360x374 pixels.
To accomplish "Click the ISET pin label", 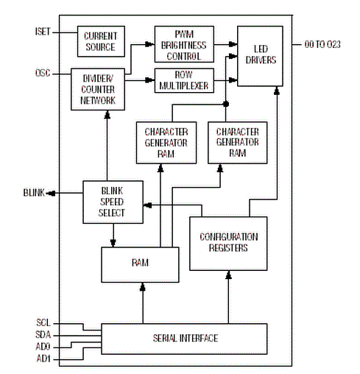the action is coord(43,32).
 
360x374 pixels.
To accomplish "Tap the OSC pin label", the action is coord(43,73).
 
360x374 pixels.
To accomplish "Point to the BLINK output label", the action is coord(34,193).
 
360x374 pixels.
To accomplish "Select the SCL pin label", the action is coord(43,322).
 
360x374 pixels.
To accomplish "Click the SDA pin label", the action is coord(43,334).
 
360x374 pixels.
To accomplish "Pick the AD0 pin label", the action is coord(43,347).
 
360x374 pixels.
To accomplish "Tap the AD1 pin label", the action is coord(43,359).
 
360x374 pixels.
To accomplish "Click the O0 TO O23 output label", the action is coord(322,44).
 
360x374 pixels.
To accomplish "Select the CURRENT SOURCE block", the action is coord(101,41).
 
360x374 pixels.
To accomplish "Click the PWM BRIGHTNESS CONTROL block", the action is coord(184,44).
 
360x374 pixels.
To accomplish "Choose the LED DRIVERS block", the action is coord(260,56).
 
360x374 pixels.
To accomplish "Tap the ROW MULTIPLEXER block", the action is coord(184,80).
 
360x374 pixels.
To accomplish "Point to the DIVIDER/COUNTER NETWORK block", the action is coord(98,89).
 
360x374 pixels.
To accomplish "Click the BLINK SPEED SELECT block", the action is coord(113,202).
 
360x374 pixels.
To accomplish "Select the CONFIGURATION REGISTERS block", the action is coord(228,244).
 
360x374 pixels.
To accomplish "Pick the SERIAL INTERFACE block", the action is coord(184,339).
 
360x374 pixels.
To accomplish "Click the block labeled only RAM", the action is coord(140,264).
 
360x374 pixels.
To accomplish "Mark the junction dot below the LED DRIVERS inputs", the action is coord(226,104).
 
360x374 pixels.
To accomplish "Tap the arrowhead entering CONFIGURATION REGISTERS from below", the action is coord(228,275).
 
